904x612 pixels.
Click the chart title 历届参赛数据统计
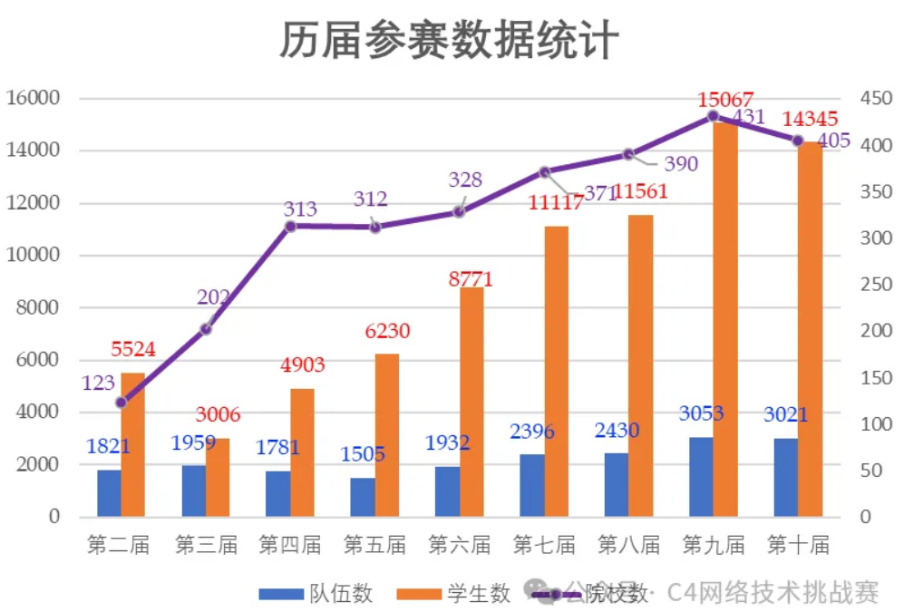tap(451, 41)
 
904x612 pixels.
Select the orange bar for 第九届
tap(724, 317)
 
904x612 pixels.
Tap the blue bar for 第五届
tap(363, 497)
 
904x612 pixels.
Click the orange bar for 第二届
tap(132, 444)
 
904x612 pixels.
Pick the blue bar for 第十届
tap(785, 478)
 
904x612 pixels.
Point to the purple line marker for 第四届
tap(290, 226)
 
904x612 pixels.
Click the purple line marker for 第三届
tap(206, 328)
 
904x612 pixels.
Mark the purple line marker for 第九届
tap(713, 116)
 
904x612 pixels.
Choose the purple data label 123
tap(98, 384)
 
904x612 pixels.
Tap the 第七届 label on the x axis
tap(544, 545)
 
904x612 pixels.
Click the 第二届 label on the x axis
tap(120, 545)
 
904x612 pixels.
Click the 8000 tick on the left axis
tap(38, 307)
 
